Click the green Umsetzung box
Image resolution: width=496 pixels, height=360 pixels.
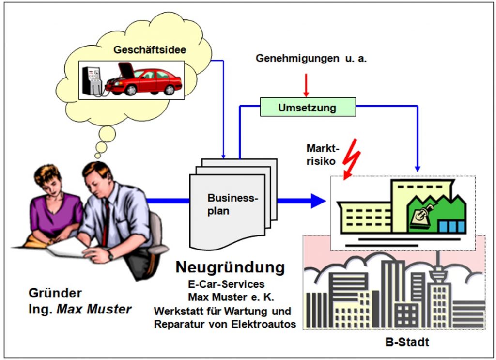coord(308,107)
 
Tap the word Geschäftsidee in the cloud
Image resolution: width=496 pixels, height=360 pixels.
coord(150,50)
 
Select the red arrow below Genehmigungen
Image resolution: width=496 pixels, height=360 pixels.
coord(306,85)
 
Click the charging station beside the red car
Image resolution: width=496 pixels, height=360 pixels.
coord(92,81)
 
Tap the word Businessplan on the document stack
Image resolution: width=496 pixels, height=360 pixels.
coord(233,204)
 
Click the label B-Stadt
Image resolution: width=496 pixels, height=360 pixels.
coord(407,342)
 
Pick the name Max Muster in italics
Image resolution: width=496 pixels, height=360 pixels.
coord(94,309)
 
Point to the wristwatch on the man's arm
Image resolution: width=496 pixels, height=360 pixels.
coord(110,255)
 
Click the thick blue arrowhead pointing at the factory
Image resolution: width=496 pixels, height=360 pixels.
coord(318,201)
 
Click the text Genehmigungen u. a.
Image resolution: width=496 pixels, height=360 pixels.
coord(311,58)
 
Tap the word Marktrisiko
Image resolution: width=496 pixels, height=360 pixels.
coord(323,155)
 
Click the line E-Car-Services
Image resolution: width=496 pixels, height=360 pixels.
coord(226,284)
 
